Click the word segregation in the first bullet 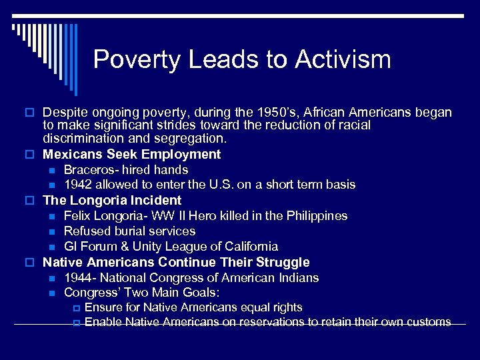(192, 139)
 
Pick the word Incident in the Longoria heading (156, 201)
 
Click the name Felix (77, 216)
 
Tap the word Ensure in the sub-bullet (103, 307)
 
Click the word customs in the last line (427, 322)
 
